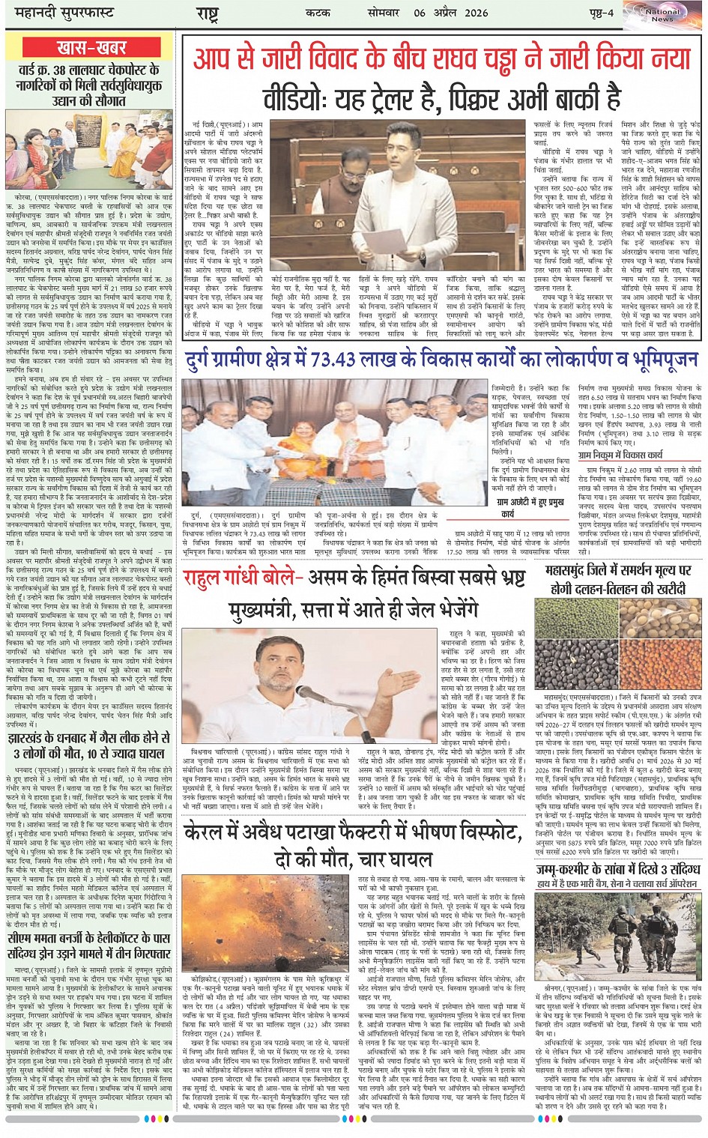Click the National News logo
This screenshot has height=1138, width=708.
(663, 15)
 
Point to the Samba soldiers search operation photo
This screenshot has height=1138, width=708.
(619, 945)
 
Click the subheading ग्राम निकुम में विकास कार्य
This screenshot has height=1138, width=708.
(620, 454)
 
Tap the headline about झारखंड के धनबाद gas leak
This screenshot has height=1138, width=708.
(89, 745)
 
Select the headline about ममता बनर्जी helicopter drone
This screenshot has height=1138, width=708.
(89, 945)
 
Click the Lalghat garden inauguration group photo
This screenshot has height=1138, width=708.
(89, 150)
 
